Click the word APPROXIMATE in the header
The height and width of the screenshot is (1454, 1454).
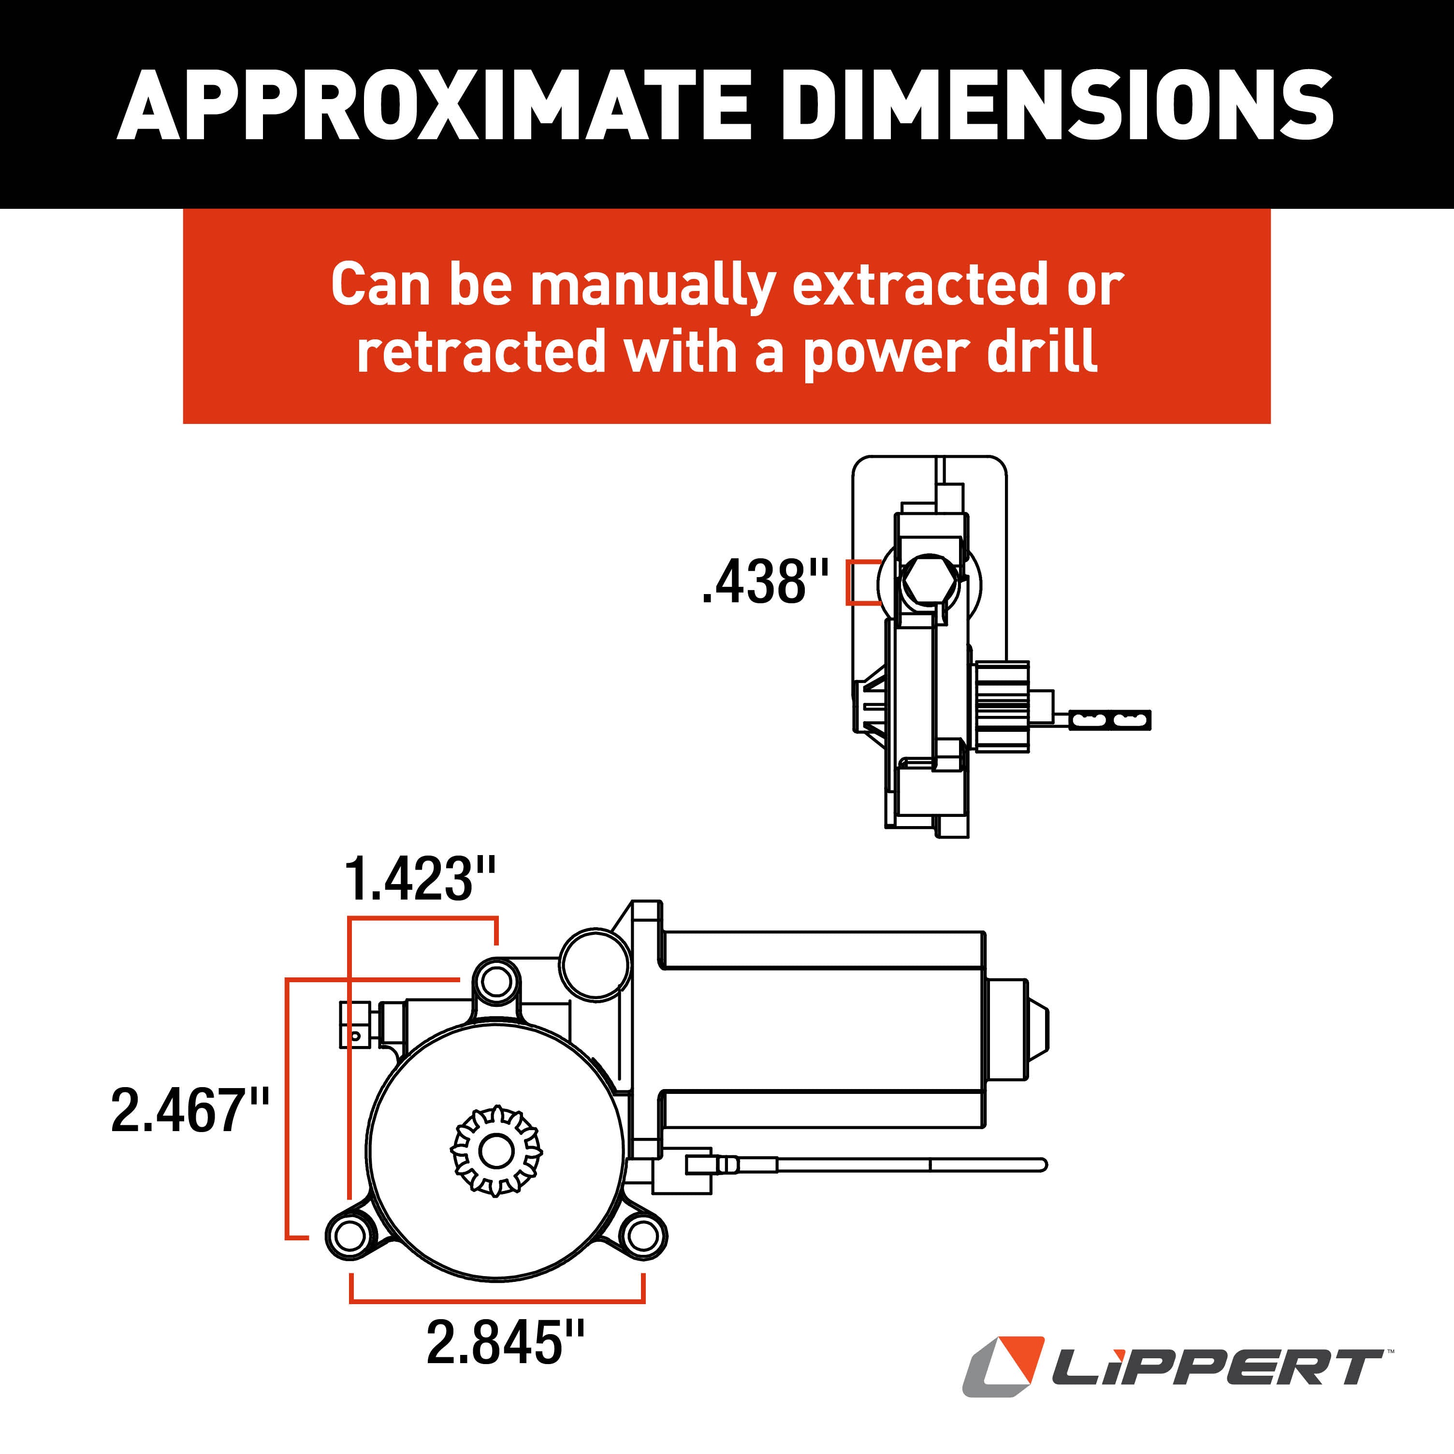434,105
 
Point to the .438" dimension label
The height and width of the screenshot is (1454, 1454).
764,582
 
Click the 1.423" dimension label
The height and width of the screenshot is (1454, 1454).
420,879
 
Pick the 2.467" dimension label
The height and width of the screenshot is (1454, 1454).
189,1110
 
